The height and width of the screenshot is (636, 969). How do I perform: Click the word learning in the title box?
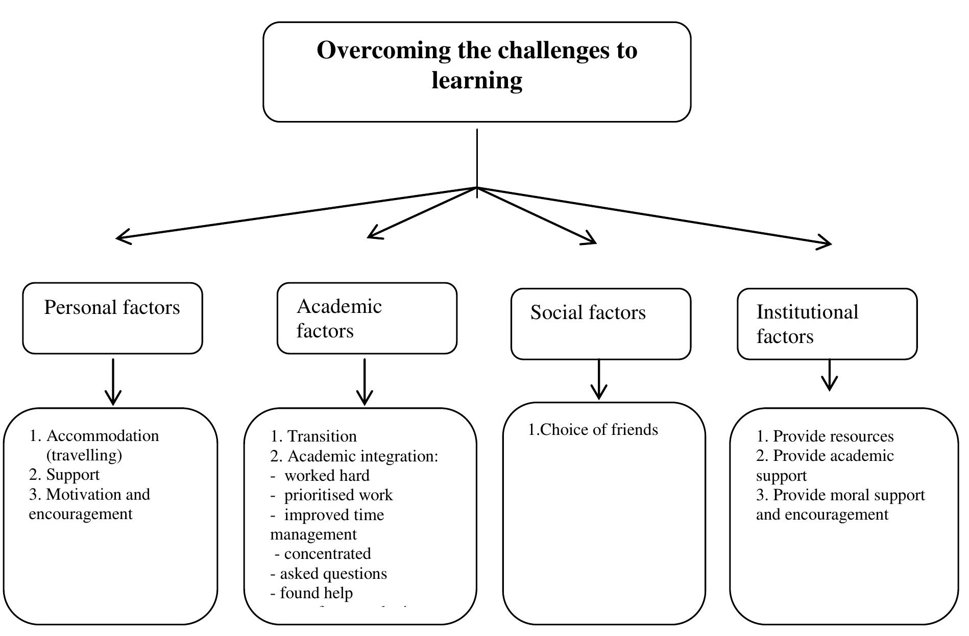477,81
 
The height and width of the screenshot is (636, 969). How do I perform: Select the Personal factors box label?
112,308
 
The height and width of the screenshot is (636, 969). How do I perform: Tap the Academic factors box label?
339,319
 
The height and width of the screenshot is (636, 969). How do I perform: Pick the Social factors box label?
588,313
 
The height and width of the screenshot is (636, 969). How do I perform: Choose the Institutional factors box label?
807,324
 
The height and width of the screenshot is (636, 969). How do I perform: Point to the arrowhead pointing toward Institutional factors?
826,243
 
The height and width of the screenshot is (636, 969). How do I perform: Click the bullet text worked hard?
327,476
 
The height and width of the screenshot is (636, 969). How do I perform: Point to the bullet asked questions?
333,574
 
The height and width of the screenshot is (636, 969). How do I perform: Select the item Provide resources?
833,436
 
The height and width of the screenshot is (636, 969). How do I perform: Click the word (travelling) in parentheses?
84,455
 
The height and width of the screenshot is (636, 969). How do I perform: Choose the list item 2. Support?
65,475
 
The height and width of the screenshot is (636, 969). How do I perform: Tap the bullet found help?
316,593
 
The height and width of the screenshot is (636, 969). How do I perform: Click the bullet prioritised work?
338,495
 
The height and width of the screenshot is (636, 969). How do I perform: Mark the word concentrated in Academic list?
327,554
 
